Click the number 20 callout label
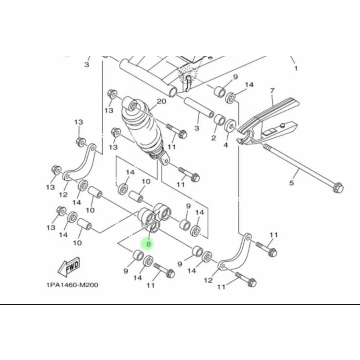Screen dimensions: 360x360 tap(162, 101)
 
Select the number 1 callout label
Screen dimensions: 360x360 tap(296, 68)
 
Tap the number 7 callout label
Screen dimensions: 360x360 tap(272, 90)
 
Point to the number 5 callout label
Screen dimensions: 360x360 tap(291, 183)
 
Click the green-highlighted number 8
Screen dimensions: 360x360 tap(148, 244)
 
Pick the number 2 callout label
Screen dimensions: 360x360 tap(214, 137)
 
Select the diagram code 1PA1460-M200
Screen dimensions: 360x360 tap(72, 284)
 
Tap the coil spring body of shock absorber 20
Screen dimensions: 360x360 tap(139, 130)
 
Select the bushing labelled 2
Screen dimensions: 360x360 tap(220, 120)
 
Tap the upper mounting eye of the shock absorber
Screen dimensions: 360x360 tap(134, 106)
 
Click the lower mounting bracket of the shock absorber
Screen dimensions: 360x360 tap(163, 158)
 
